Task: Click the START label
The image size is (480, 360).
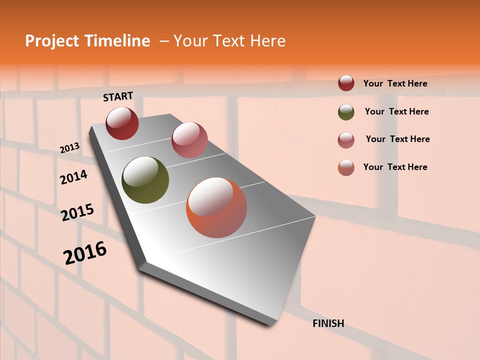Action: [118, 96]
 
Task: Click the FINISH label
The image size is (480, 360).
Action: [328, 323]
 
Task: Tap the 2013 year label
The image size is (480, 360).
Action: [69, 148]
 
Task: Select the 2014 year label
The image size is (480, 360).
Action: [73, 177]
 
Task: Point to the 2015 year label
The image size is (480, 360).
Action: [77, 212]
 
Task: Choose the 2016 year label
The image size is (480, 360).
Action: [85, 253]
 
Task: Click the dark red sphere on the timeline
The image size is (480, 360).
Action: [122, 123]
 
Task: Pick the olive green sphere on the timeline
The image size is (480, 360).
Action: [145, 180]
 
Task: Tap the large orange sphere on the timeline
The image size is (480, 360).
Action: [216, 207]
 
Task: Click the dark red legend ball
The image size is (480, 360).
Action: [346, 83]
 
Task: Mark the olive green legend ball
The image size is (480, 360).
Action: [346, 112]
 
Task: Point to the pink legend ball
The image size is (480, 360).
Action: [346, 140]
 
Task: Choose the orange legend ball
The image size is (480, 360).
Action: [346, 167]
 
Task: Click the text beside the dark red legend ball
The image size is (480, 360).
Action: [395, 83]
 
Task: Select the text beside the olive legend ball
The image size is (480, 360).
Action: [396, 111]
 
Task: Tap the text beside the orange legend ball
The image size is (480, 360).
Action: [395, 167]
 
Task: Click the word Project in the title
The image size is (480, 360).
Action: [52, 41]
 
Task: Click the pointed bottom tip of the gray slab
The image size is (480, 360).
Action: [270, 324]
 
